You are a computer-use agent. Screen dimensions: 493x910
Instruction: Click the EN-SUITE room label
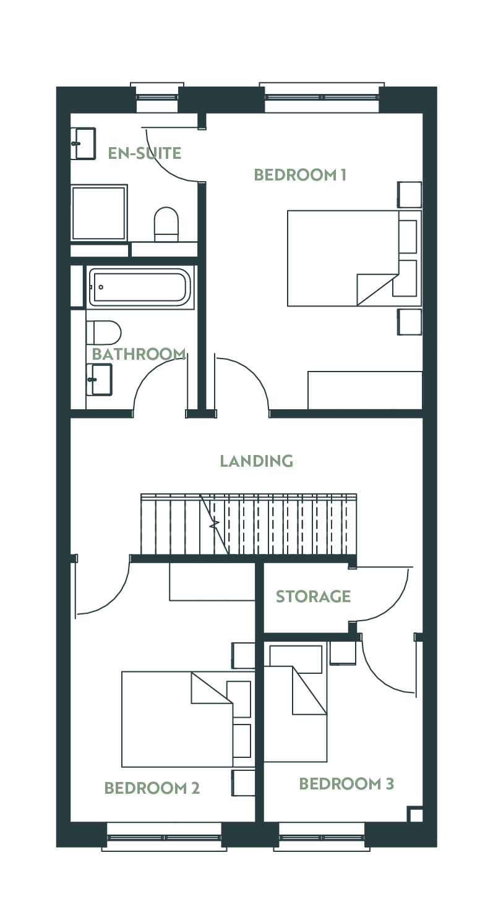coord(144,153)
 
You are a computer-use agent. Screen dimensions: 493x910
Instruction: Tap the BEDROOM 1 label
coord(300,175)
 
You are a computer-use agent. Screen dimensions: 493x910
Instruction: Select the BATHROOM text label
coord(139,354)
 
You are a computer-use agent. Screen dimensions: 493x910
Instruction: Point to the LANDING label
coord(257,461)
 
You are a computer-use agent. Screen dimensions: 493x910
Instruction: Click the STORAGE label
coord(313,597)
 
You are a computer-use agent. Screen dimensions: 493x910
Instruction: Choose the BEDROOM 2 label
coord(152,788)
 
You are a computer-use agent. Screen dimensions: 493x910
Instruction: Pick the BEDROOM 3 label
coord(346,784)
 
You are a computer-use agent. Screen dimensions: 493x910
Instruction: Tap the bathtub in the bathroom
coord(139,287)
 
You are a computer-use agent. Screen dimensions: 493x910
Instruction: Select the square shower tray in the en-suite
coord(99,213)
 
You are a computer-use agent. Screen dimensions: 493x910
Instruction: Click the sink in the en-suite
coord(84,143)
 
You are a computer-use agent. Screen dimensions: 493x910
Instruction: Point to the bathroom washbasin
coord(99,380)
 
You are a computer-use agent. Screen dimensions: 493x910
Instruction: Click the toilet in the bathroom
coord(104,333)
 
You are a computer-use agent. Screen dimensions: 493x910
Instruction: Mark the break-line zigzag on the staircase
coord(214,524)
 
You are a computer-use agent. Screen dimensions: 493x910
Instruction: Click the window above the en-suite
coord(157,97)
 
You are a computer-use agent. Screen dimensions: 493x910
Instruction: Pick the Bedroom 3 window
coord(322,837)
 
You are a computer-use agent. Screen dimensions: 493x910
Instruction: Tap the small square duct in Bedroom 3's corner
coord(415,814)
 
